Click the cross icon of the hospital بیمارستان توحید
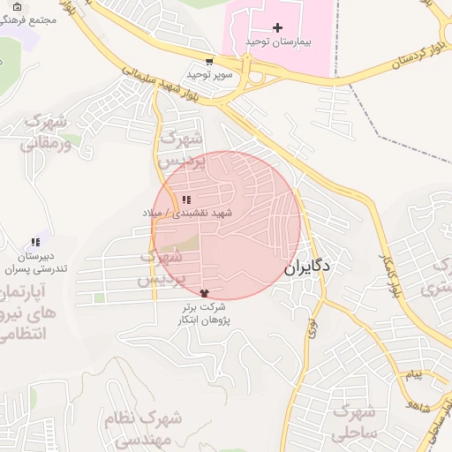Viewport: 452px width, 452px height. click(x=278, y=28)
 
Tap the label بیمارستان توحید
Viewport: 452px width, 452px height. click(x=278, y=41)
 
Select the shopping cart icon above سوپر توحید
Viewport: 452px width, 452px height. click(x=209, y=62)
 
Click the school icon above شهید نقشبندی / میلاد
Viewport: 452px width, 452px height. click(x=185, y=200)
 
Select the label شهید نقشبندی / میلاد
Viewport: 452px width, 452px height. click(x=186, y=213)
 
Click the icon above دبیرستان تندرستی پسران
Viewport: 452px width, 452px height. click(x=35, y=242)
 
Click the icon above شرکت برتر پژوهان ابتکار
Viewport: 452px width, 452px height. click(x=206, y=293)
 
